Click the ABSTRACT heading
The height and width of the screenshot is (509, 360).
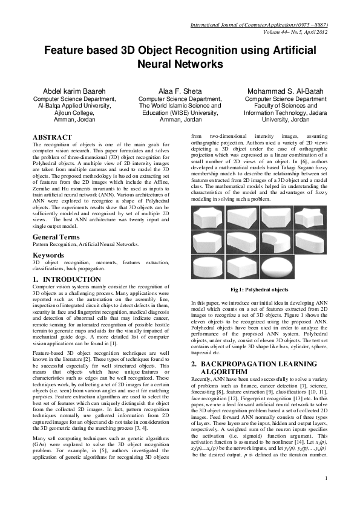(52, 138)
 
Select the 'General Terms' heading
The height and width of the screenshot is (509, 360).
(59, 237)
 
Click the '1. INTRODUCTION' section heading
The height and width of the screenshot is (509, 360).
(67, 279)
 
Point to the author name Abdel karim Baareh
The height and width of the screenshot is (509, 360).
(74, 90)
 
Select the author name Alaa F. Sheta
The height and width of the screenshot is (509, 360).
(180, 90)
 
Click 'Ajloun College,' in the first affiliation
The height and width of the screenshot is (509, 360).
(74, 112)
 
